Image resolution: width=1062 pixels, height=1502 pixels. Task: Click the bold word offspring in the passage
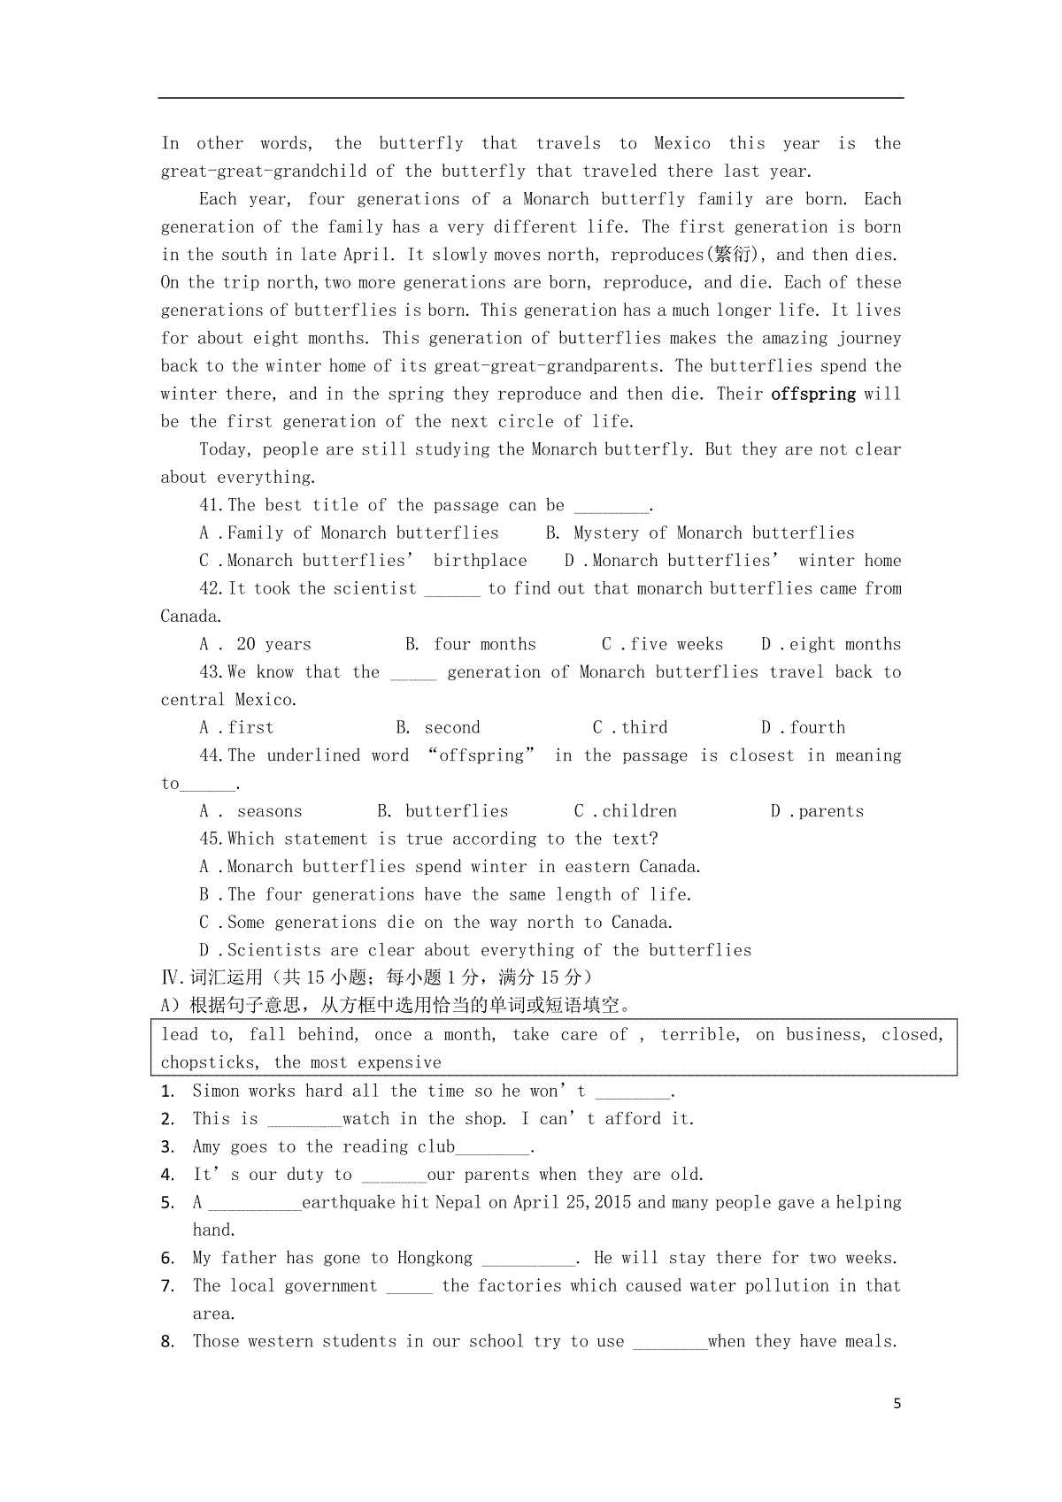[813, 394]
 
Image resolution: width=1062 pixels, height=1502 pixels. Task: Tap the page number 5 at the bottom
[897, 1404]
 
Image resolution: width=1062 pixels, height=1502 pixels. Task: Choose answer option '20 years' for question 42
[273, 644]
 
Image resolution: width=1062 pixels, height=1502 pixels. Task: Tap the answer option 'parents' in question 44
[830, 811]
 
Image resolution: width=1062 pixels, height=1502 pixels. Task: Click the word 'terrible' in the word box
[698, 1034]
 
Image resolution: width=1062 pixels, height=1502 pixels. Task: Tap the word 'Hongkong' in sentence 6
[435, 1258]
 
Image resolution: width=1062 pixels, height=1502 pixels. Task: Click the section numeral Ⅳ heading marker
[170, 977]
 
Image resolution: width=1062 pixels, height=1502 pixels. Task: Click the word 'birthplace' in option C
[480, 561]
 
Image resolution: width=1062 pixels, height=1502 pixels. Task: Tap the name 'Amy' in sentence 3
[206, 1146]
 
